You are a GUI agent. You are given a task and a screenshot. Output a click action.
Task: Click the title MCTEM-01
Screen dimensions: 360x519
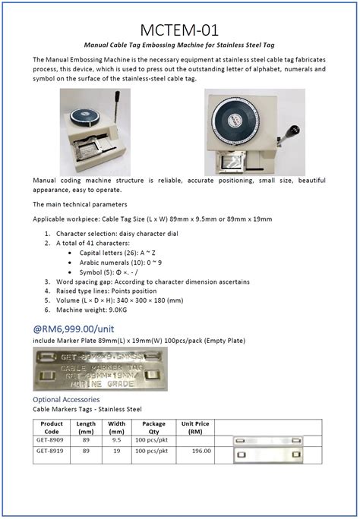(x=180, y=30)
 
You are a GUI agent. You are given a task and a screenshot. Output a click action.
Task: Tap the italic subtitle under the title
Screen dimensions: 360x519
(x=180, y=46)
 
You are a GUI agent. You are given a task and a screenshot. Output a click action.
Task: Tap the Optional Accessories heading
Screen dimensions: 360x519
(x=66, y=399)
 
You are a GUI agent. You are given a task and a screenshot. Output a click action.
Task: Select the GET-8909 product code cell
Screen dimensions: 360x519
(x=51, y=439)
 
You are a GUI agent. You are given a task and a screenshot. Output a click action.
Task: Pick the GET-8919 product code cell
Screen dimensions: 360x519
(x=51, y=451)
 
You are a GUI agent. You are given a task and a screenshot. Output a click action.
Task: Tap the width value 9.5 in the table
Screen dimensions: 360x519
(x=116, y=439)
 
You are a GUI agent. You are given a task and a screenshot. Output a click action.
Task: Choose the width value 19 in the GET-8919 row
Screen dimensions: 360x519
(x=116, y=451)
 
